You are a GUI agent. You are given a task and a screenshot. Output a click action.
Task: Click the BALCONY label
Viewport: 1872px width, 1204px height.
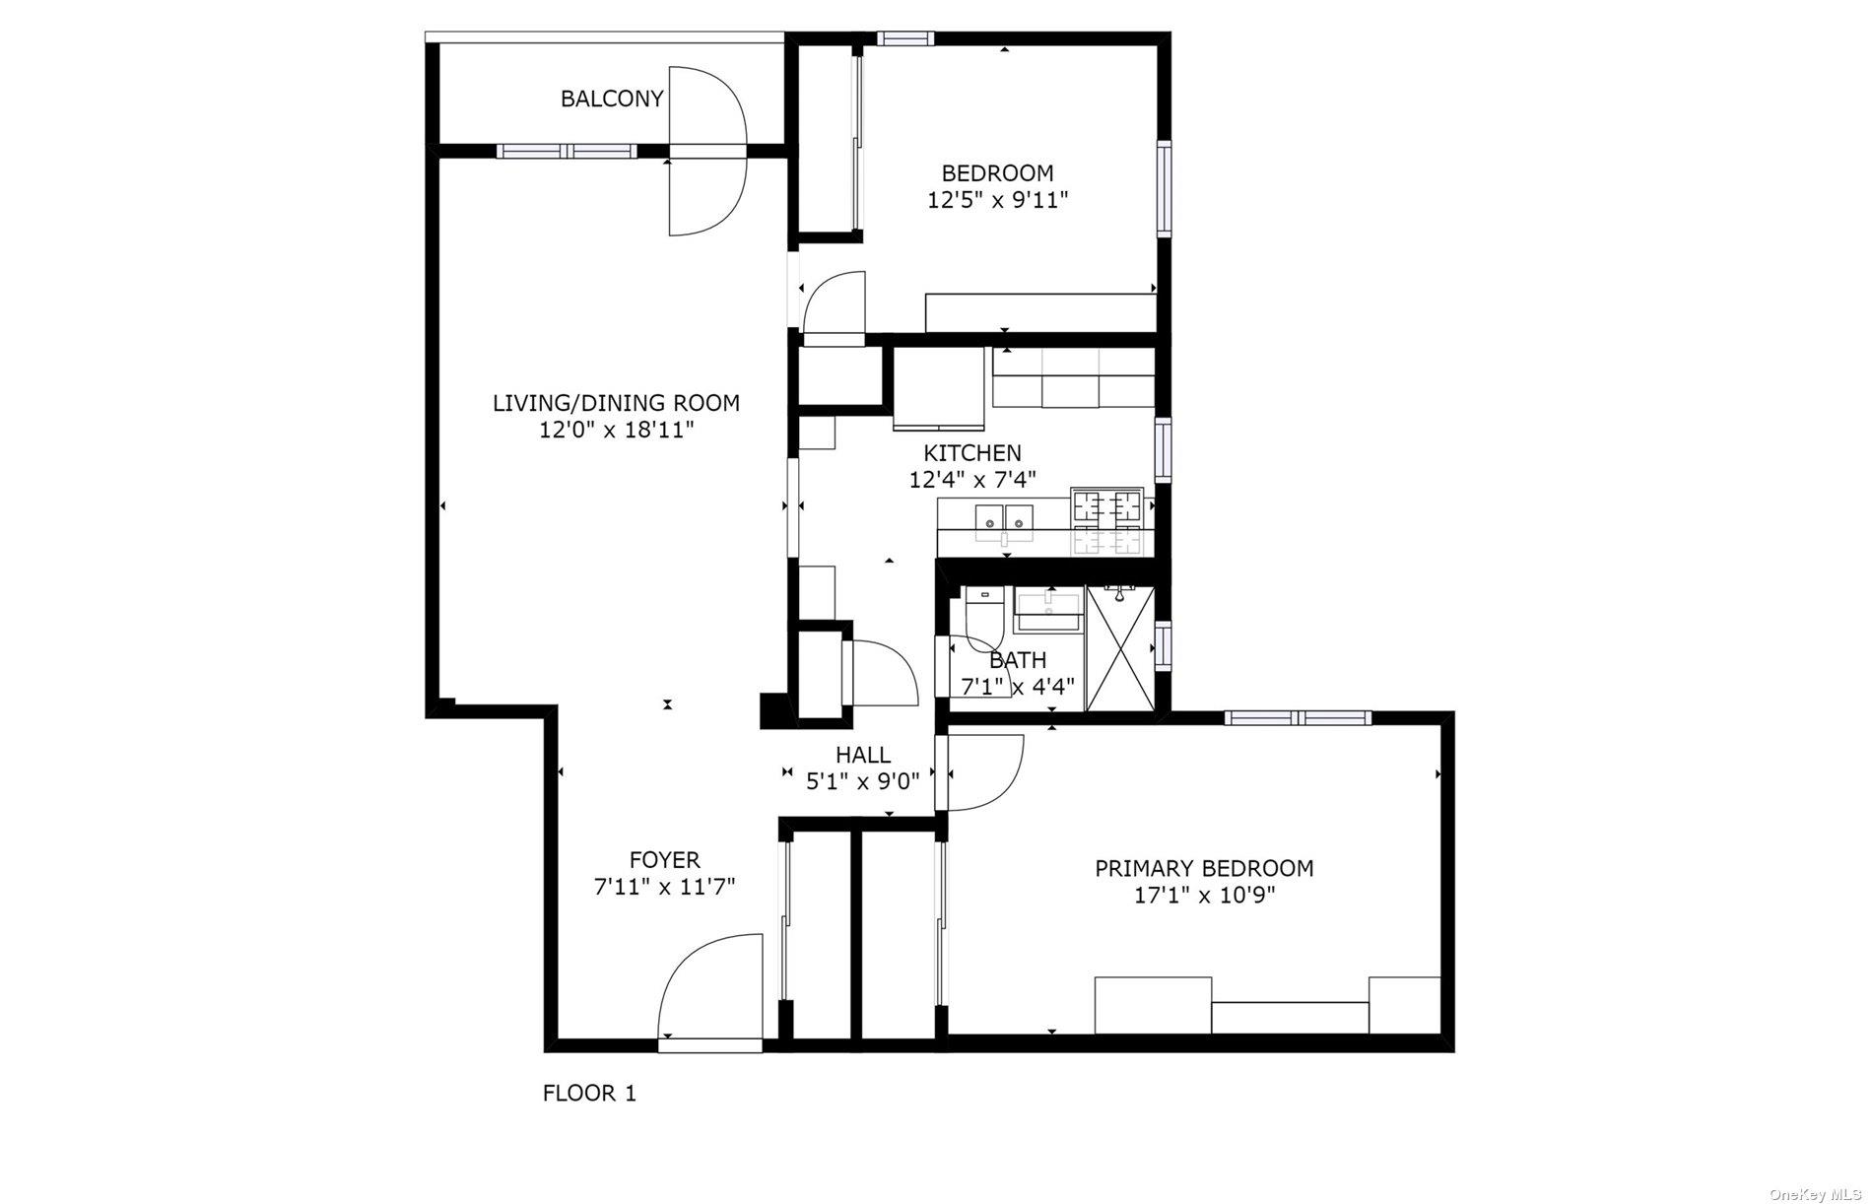click(x=612, y=99)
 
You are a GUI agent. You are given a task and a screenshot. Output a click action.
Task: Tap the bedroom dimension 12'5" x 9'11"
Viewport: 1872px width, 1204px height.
click(x=998, y=201)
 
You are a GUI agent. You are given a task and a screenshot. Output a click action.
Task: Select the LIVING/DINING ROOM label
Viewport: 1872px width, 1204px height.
click(x=616, y=403)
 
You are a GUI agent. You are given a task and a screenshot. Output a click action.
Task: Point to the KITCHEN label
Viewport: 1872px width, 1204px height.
click(x=972, y=453)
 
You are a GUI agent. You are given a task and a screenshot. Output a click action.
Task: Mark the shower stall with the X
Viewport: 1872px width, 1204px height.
click(x=1119, y=648)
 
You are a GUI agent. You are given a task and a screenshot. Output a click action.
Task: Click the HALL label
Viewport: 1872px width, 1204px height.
click(x=863, y=756)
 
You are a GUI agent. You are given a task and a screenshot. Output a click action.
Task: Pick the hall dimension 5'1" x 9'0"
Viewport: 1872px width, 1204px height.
click(x=863, y=782)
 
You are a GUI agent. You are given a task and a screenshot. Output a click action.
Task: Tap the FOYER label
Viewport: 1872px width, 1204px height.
click(x=665, y=860)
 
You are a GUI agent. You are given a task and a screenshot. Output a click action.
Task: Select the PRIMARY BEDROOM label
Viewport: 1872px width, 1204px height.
click(x=1204, y=869)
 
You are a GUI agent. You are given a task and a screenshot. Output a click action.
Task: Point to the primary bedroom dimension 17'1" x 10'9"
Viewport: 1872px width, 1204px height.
click(x=1204, y=896)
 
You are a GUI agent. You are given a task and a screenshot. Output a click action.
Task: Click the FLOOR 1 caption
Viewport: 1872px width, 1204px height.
click(x=589, y=1093)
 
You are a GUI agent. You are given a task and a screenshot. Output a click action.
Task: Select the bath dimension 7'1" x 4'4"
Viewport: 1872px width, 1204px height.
click(x=1017, y=687)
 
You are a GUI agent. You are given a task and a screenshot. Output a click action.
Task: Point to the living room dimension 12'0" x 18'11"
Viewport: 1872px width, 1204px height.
click(x=616, y=431)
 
